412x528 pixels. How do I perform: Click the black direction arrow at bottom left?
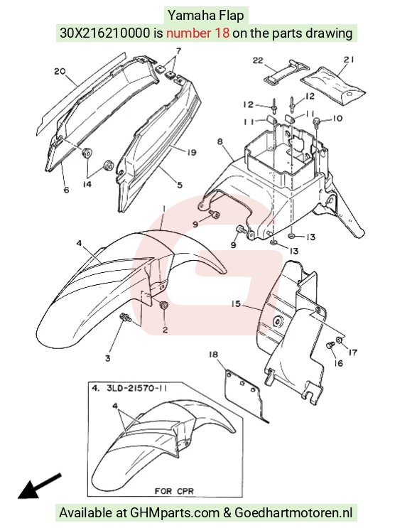coord(39,486)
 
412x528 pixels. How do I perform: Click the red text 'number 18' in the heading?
coord(198,33)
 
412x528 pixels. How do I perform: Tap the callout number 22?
coord(258,60)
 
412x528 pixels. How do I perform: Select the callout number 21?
coord(348,60)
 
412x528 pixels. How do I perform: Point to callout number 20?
coord(60,71)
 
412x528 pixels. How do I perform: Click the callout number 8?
coord(219,141)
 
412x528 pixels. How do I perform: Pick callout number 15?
coord(236,303)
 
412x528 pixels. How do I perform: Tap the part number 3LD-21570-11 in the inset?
coord(136,388)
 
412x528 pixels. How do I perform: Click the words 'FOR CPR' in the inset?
coord(174,491)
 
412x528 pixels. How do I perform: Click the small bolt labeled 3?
coord(125,317)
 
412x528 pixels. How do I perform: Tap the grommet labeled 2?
coord(164,306)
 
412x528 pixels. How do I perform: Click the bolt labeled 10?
coord(316,122)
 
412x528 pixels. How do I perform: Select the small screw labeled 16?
coord(330,345)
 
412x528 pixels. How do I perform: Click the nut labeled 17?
coord(340,341)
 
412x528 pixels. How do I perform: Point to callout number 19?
coord(191,153)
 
